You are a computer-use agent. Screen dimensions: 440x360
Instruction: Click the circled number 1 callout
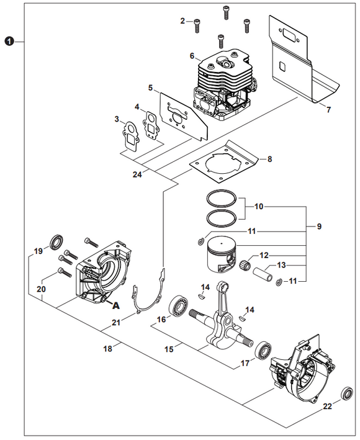[x=9, y=42]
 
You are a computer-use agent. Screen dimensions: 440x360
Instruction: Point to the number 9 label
[x=318, y=227]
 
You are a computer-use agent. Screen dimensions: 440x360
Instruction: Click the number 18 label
[x=108, y=349]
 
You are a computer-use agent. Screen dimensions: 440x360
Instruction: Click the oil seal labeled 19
[x=55, y=240]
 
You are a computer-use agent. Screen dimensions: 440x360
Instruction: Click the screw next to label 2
[x=197, y=24]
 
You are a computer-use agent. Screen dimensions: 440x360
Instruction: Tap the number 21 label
[x=115, y=321]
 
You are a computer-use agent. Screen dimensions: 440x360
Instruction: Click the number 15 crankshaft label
[x=169, y=349]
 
